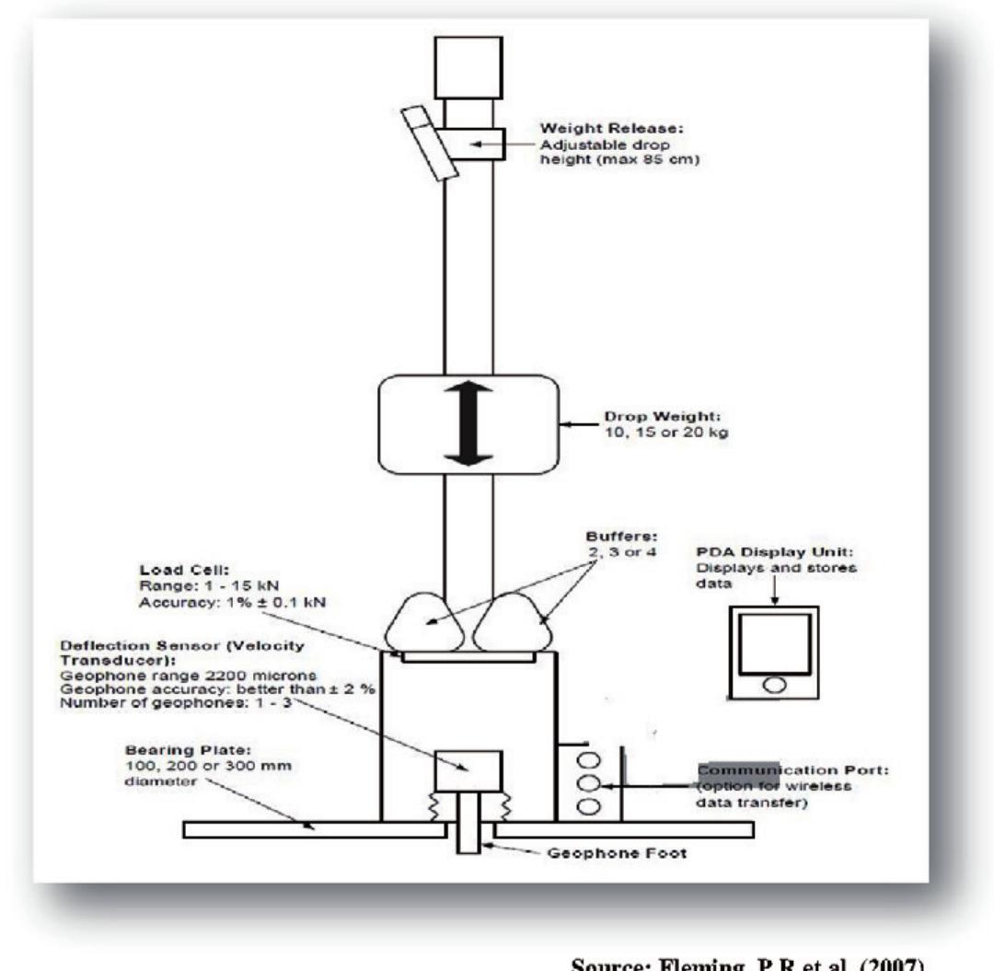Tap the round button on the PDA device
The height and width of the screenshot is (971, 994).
(x=775, y=684)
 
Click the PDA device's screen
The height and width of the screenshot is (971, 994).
(x=775, y=642)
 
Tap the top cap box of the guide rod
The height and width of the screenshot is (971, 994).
(x=468, y=66)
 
